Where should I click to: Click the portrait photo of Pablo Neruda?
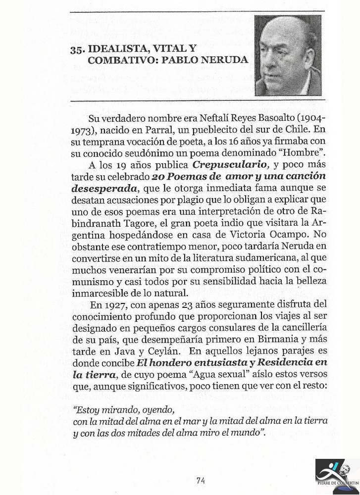pyautogui.click(x=288, y=56)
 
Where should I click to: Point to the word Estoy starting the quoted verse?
pyautogui.click(x=86, y=410)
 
